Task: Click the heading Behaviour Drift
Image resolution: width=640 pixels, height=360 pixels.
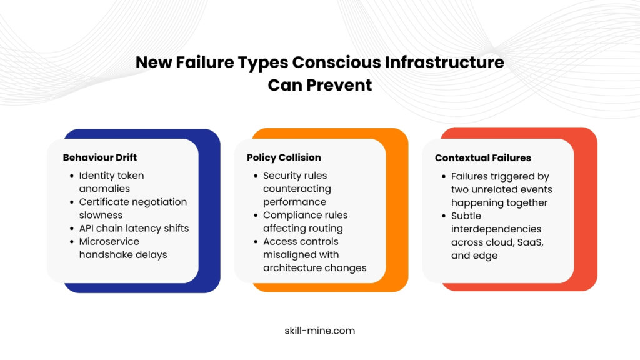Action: click(x=99, y=157)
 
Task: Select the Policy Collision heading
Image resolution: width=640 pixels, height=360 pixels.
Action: click(x=284, y=157)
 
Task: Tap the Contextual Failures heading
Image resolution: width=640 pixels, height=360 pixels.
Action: click(x=483, y=158)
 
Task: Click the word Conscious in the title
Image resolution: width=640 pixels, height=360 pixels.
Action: click(x=336, y=62)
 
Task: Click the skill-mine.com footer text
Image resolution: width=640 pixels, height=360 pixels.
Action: click(x=320, y=331)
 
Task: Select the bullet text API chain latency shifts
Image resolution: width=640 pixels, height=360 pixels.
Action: click(x=134, y=228)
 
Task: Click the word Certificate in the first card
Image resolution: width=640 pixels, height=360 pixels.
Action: click(x=104, y=202)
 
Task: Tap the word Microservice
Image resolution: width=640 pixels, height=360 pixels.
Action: click(x=109, y=242)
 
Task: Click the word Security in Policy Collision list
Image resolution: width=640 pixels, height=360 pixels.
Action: click(x=281, y=176)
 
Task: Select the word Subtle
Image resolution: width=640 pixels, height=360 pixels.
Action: click(x=466, y=216)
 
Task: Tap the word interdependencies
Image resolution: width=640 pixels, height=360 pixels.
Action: click(x=496, y=229)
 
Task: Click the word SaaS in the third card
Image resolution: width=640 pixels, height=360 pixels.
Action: click(x=530, y=242)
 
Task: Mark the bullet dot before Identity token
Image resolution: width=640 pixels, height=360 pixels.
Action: click(x=72, y=176)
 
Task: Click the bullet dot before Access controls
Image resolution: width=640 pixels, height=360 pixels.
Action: click(x=256, y=242)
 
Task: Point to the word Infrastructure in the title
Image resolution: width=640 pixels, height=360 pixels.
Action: click(x=444, y=62)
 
